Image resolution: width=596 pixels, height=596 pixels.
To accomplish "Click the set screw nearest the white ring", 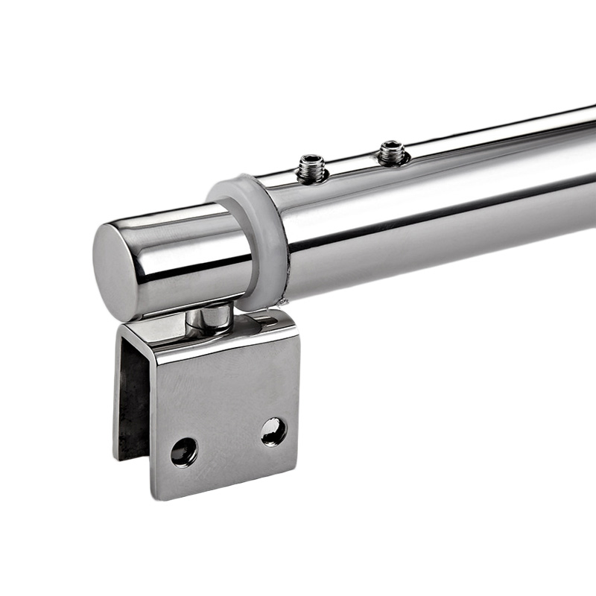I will (311, 169).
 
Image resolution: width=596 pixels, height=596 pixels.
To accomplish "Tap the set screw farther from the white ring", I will (392, 153).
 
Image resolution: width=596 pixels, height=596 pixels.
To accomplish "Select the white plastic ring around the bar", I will (254, 238).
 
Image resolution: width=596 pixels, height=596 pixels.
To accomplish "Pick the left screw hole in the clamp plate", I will (184, 451).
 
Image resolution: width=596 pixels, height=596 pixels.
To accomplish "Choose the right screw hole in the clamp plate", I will (273, 431).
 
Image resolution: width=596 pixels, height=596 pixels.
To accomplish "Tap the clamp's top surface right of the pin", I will (261, 323).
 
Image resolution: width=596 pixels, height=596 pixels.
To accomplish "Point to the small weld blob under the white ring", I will (282, 302).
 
